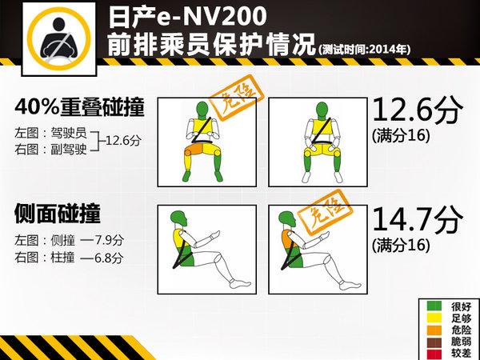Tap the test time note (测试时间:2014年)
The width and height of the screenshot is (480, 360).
364,49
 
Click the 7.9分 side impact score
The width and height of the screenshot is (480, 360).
107,239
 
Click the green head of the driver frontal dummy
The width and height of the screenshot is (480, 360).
203,108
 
